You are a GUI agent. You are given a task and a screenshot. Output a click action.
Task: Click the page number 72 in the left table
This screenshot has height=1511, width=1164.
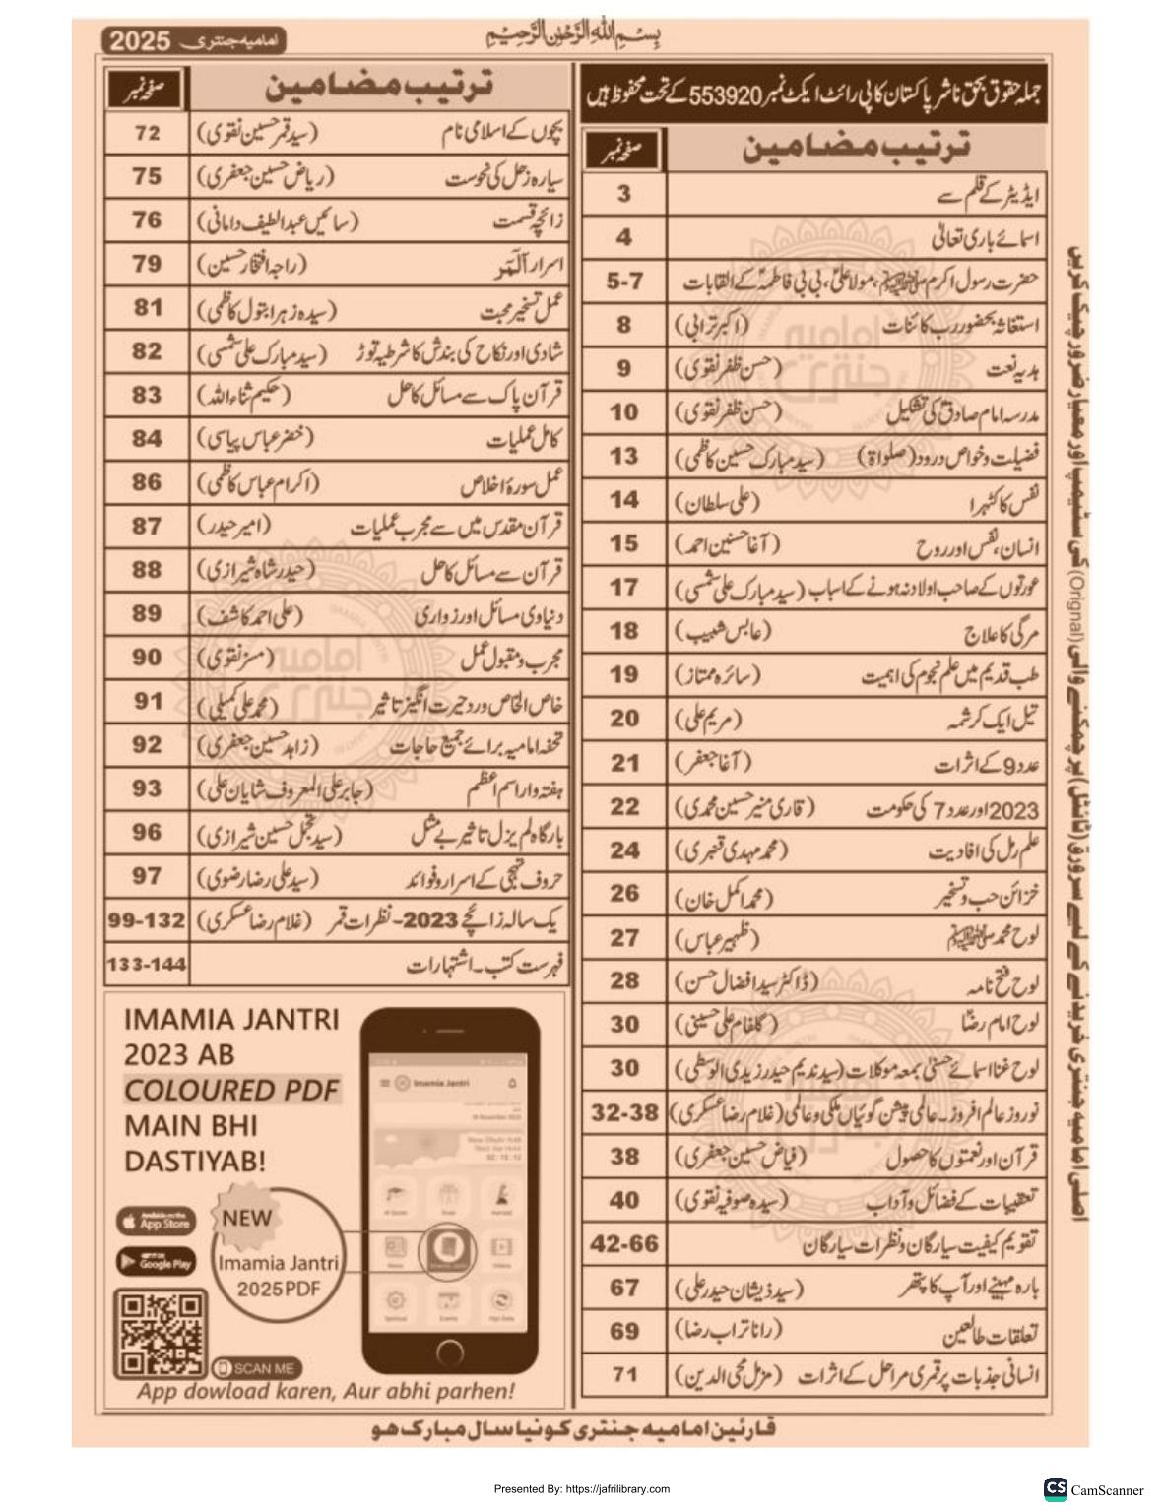coord(147,132)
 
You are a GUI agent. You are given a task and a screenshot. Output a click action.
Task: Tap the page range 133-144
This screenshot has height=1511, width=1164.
coord(147,964)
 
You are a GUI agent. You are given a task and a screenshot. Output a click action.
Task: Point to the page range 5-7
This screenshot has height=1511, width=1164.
coord(624,281)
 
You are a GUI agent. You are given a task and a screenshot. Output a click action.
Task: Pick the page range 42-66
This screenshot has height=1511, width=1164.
coord(624,1243)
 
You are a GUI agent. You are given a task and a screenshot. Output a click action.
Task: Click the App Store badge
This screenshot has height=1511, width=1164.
coord(156,1222)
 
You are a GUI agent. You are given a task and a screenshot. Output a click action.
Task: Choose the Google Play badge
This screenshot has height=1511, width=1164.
coord(156,1261)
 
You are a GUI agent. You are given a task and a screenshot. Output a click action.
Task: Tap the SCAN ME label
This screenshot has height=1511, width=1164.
coord(257,1368)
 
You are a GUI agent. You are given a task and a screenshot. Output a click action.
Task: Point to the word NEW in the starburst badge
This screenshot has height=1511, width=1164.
coord(246,1216)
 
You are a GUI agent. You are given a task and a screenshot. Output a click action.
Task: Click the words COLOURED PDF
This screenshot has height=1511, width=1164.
coord(231,1090)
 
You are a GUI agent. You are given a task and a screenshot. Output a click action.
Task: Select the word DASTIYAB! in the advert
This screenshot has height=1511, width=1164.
coord(195,1161)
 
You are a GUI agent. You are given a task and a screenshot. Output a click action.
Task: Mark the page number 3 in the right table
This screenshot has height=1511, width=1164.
coord(624,194)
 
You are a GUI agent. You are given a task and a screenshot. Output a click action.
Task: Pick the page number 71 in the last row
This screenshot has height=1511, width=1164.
coord(624,1374)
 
